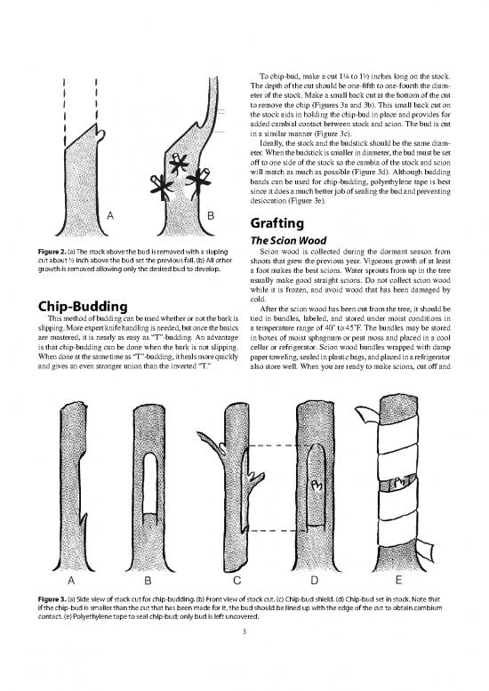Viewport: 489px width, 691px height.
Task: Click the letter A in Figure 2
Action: (x=109, y=215)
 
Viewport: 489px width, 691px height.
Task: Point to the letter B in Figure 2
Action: (x=210, y=215)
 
